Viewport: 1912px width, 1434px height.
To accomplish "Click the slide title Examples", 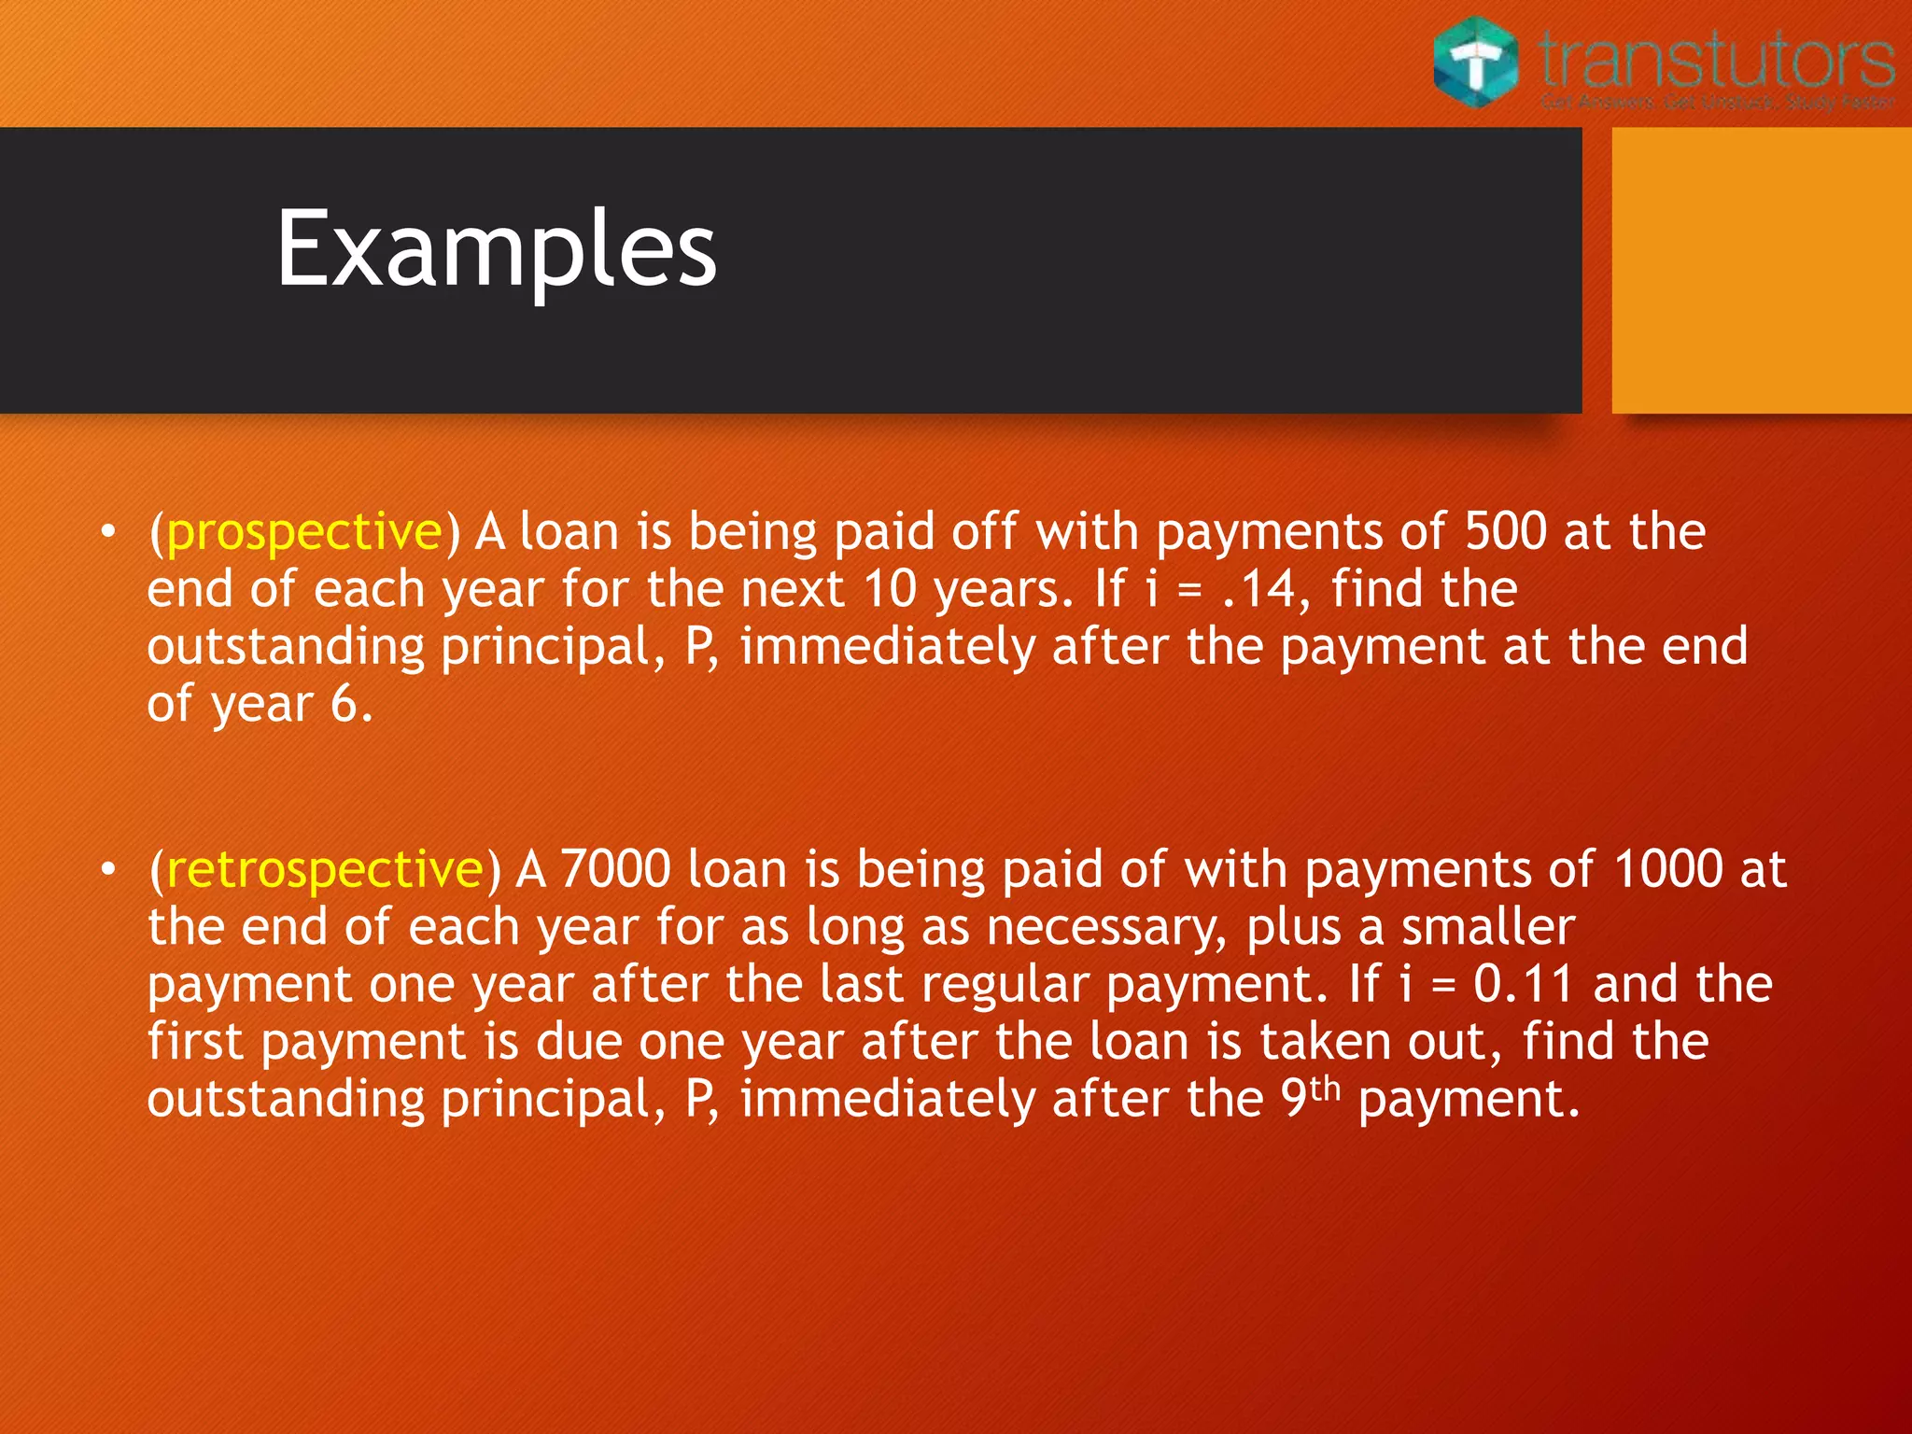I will [x=496, y=249].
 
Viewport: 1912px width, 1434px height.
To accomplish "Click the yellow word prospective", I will [x=304, y=532].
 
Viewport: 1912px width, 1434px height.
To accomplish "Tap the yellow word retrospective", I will [x=325, y=870].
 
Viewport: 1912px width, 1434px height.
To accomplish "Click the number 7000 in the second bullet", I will [x=615, y=870].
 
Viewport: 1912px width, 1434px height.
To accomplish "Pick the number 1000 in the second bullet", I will [x=1667, y=870].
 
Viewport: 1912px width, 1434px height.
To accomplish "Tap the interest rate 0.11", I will [x=1524, y=985].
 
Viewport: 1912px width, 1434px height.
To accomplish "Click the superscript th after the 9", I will [x=1325, y=1088].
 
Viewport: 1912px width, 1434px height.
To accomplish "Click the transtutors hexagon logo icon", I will [x=1476, y=63].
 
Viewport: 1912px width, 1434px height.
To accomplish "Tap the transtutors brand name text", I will [x=1716, y=58].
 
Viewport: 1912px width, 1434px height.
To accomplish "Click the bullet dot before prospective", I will [x=109, y=532].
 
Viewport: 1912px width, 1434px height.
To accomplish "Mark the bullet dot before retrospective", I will [x=109, y=870].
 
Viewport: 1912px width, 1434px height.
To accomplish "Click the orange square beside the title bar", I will [x=1762, y=270].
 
